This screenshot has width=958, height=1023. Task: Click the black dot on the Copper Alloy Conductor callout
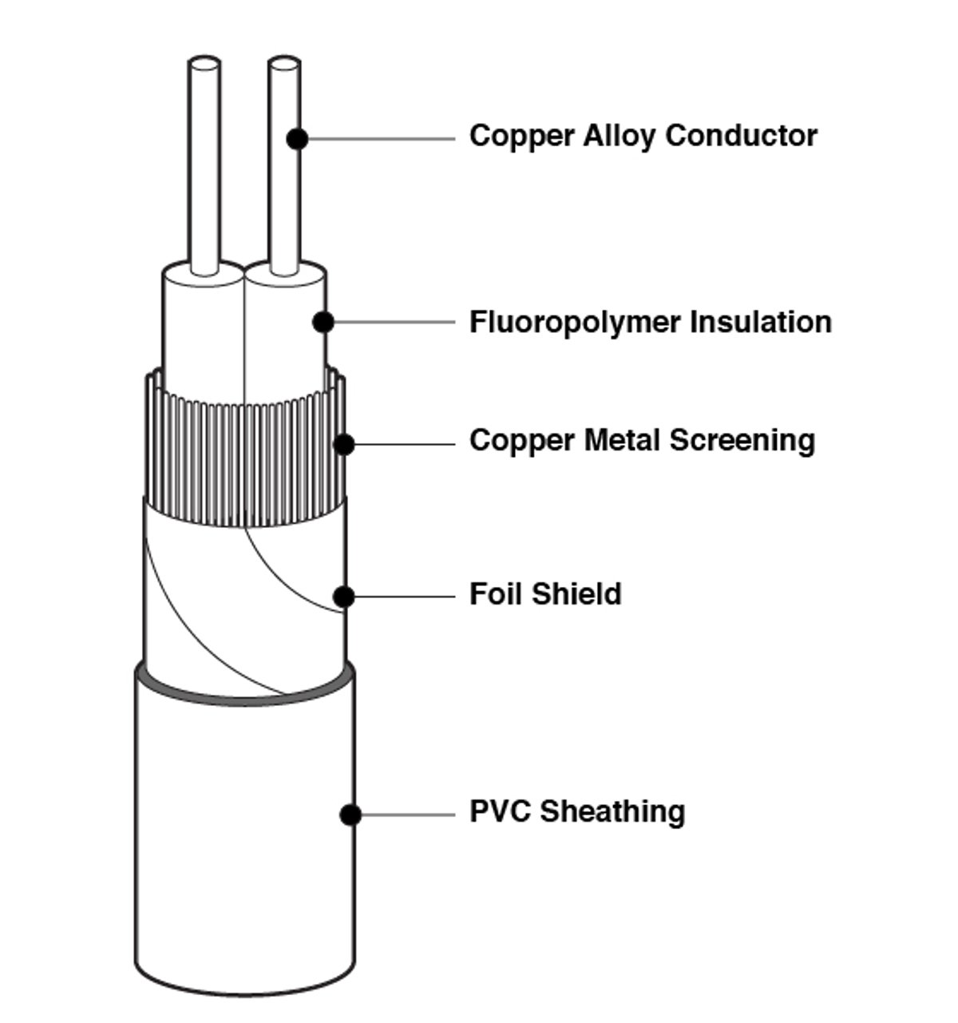pos(297,138)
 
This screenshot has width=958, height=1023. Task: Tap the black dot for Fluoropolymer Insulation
pos(323,322)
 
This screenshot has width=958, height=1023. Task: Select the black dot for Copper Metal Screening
pos(344,444)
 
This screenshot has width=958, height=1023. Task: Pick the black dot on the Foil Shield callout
pos(344,596)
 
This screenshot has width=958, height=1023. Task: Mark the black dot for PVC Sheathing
pos(350,815)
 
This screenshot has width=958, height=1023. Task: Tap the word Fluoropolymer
pos(574,323)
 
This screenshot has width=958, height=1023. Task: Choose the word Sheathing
pos(612,811)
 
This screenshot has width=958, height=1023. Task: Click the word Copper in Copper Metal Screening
pos(522,441)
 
